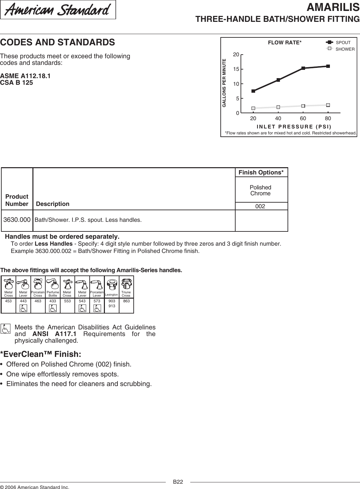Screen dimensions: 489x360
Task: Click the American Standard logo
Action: (x=58, y=10)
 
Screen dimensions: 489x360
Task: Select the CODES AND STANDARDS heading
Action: (x=58, y=42)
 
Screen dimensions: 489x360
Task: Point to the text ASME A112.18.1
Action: (x=25, y=76)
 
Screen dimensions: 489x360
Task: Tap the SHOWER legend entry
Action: (x=341, y=49)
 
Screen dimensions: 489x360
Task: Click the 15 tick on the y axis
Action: (x=236, y=69)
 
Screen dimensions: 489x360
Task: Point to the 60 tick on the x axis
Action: (x=303, y=119)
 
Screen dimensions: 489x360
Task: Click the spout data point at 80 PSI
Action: (x=328, y=66)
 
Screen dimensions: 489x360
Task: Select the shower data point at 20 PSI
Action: (x=253, y=108)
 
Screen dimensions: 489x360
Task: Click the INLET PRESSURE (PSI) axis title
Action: (x=294, y=126)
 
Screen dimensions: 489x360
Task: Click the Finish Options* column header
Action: (x=261, y=172)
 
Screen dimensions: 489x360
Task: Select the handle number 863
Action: (x=126, y=301)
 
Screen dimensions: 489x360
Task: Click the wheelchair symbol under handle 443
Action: (x=23, y=308)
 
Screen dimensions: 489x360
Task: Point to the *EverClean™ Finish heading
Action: (x=41, y=354)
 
